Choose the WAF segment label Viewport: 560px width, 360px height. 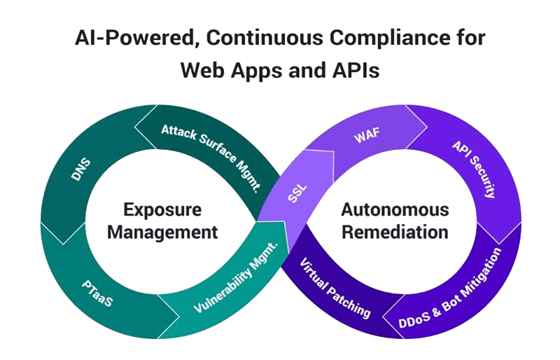point(366,136)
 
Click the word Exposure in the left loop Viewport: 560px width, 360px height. point(163,209)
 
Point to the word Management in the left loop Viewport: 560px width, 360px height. point(162,232)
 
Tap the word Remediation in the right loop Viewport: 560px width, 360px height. point(395,231)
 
